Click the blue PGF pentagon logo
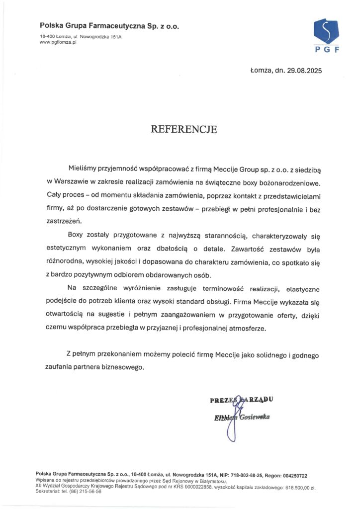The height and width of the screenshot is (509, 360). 326,30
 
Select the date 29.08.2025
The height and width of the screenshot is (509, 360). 303,71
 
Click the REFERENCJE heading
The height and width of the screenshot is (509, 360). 184,130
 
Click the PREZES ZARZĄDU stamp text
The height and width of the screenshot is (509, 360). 242,399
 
